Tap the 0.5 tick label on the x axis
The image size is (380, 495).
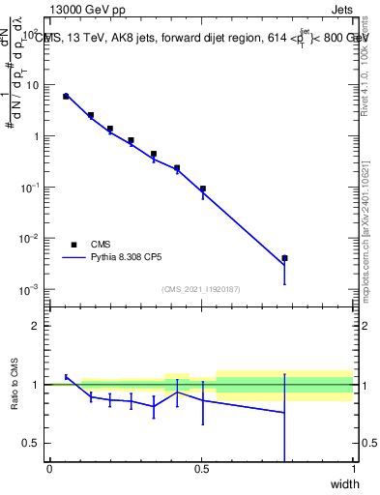(x=201, y=469)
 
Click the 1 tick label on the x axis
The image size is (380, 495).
(x=353, y=469)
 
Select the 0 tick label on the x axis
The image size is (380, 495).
(x=49, y=469)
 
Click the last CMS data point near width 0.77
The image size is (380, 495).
(x=284, y=258)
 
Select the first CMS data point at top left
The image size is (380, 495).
(x=66, y=97)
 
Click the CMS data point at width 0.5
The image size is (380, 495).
(x=203, y=189)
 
